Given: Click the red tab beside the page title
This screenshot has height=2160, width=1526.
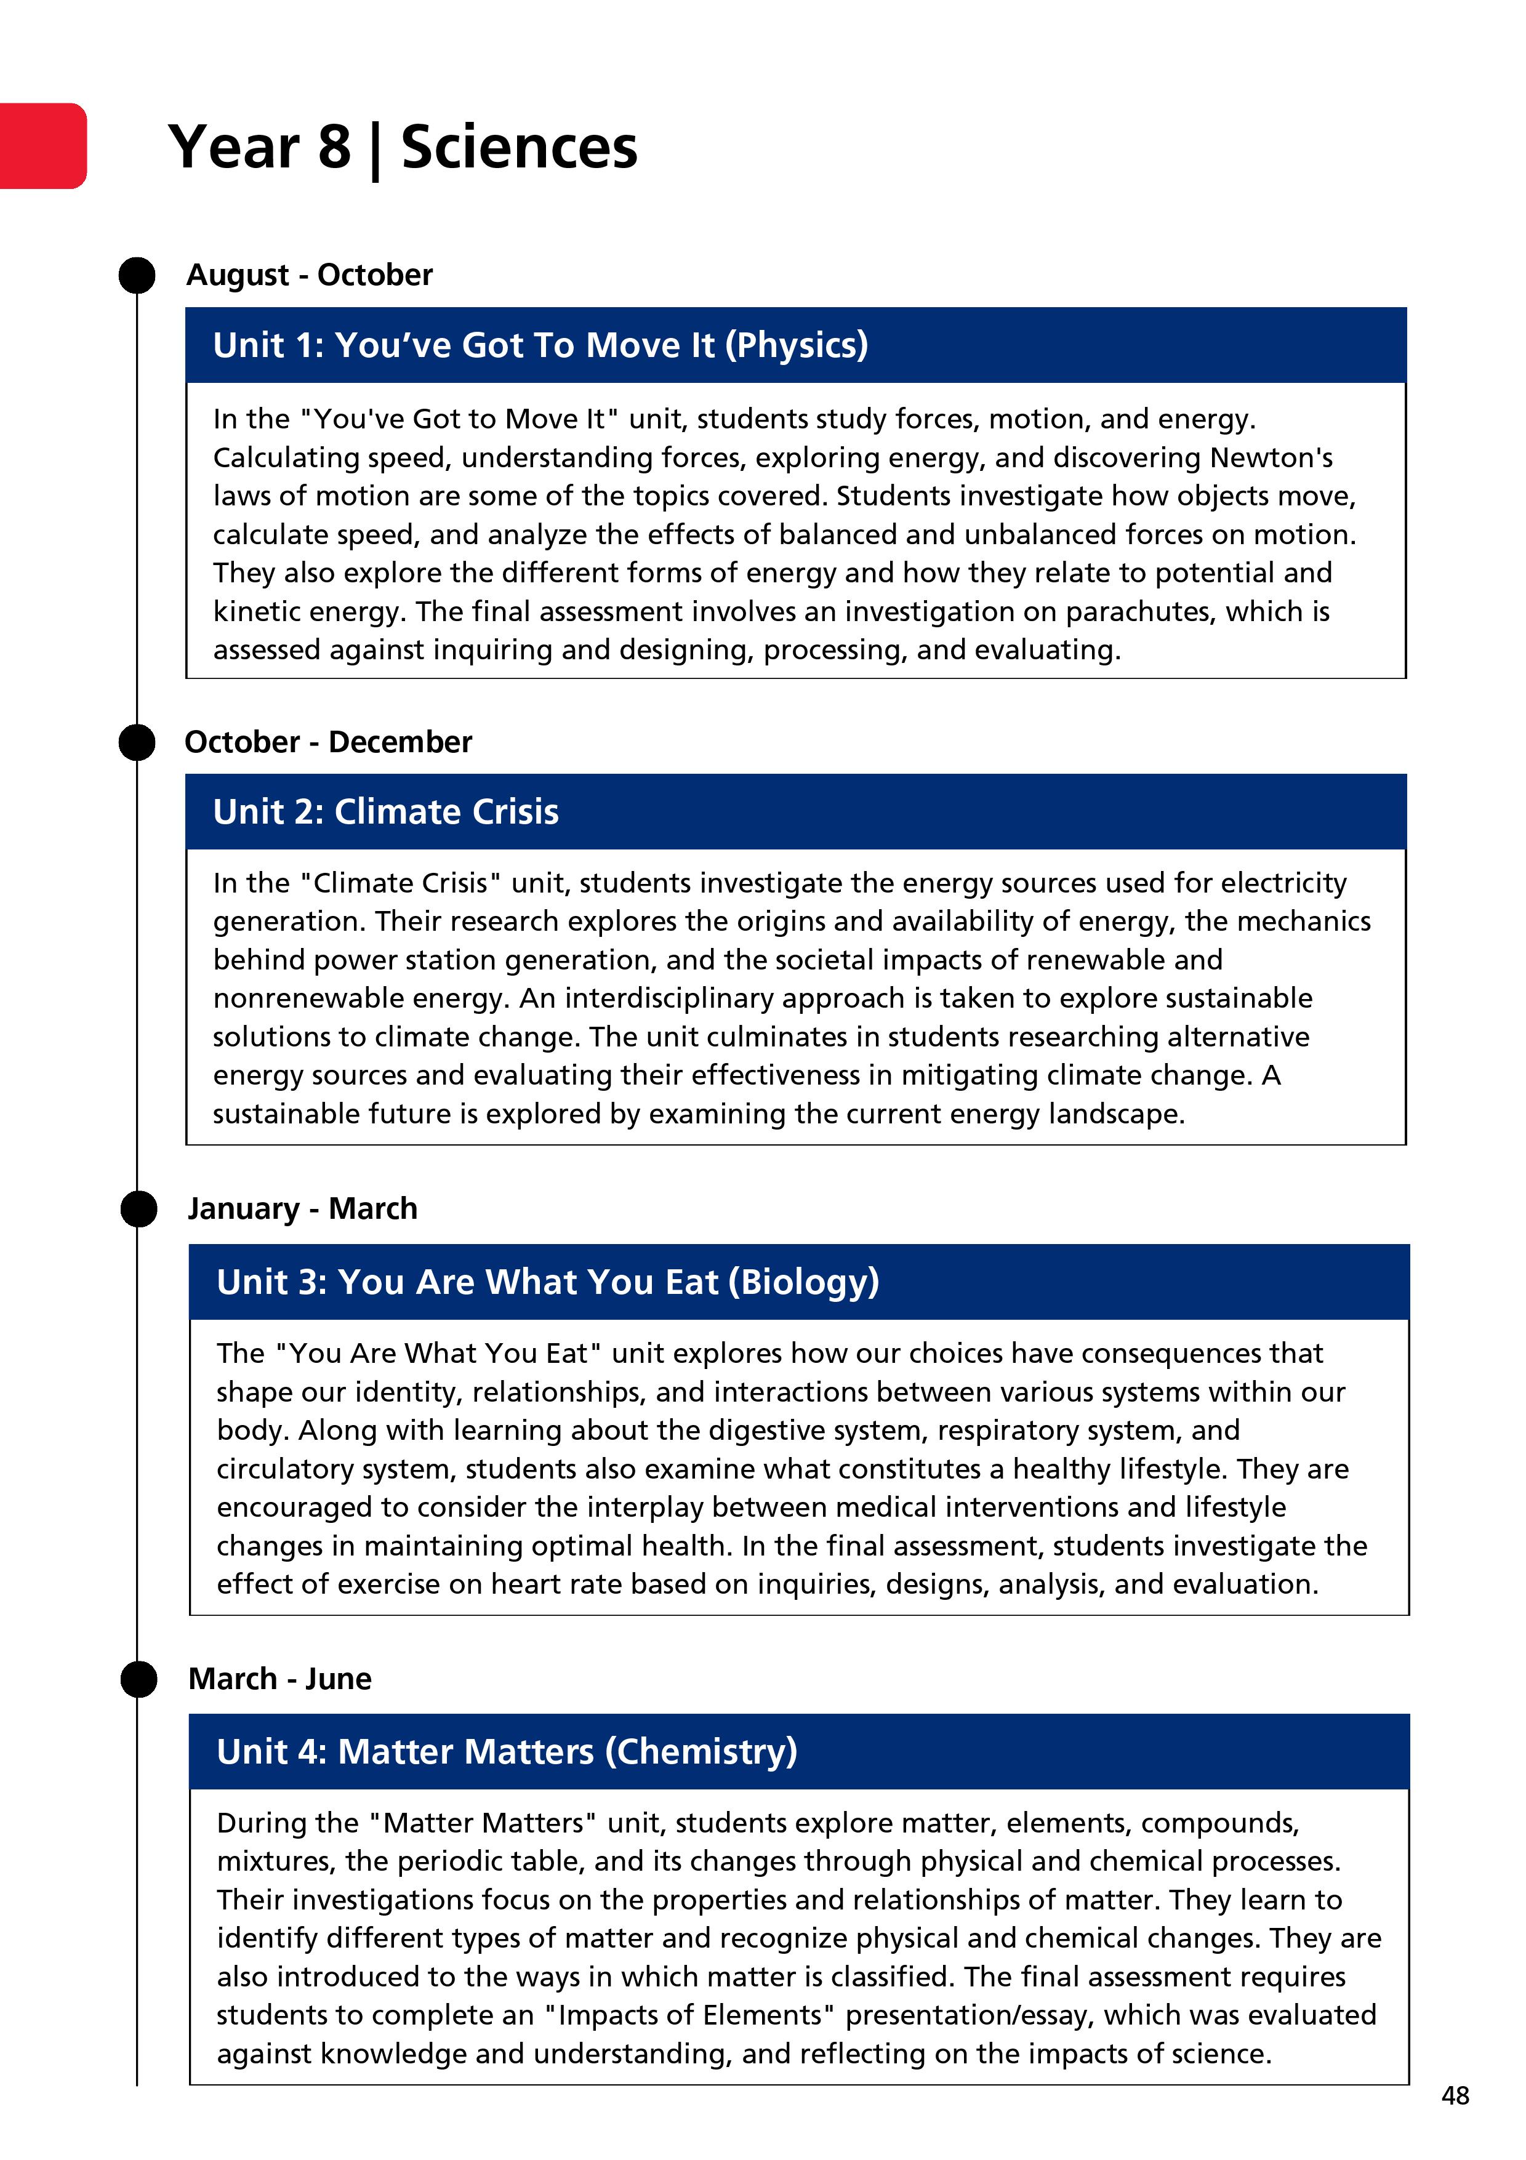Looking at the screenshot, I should tap(42, 146).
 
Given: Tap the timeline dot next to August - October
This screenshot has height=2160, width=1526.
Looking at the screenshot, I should tap(137, 276).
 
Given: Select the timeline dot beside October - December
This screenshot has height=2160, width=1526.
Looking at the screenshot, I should tap(137, 742).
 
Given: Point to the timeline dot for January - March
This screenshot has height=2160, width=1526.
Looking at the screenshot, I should tap(139, 1209).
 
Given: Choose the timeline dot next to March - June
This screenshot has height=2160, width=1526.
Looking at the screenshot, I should tap(139, 1679).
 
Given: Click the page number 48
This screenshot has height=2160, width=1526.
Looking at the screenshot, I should tap(1455, 2095).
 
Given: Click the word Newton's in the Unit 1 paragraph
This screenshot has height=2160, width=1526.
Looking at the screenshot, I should tap(1271, 458).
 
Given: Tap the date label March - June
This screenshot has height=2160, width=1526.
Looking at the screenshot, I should tap(279, 1679).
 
